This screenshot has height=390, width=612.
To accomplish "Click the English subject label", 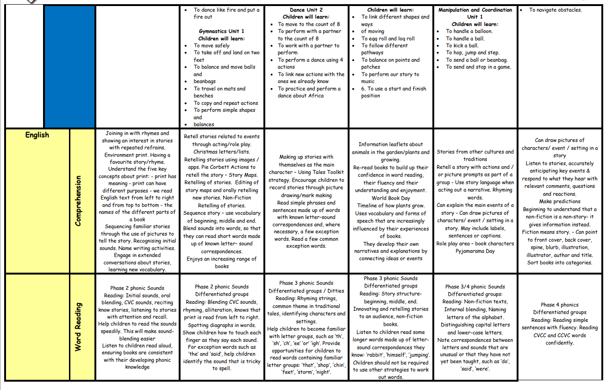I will pos(37,135).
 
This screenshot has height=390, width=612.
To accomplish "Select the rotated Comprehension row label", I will pos(78,200).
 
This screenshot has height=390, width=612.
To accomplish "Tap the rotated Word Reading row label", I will pos(78,327).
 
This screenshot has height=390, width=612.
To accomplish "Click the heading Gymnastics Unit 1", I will pos(222,31).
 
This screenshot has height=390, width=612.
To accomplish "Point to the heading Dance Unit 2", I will pos(306,10).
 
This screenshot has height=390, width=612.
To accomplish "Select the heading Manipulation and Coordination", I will pos(475,10).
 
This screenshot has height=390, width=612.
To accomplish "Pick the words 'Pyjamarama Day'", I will pos(475,251).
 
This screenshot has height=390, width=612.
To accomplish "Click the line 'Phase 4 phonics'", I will pos(559,305).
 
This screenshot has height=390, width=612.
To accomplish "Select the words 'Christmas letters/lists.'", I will pos(222,152).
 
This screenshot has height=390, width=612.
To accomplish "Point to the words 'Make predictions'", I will pos(559,201).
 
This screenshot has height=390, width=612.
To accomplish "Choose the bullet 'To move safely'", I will pos(212,45).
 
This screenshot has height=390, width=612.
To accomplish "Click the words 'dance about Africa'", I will pos(300,96).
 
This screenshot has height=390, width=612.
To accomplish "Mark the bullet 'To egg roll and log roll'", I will pos(388,38).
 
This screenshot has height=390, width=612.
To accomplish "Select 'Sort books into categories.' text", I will pos(559,262).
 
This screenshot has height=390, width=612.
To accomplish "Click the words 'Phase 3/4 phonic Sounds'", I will pos(475,287).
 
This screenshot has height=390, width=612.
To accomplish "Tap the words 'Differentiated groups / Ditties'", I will pos(306,291).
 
